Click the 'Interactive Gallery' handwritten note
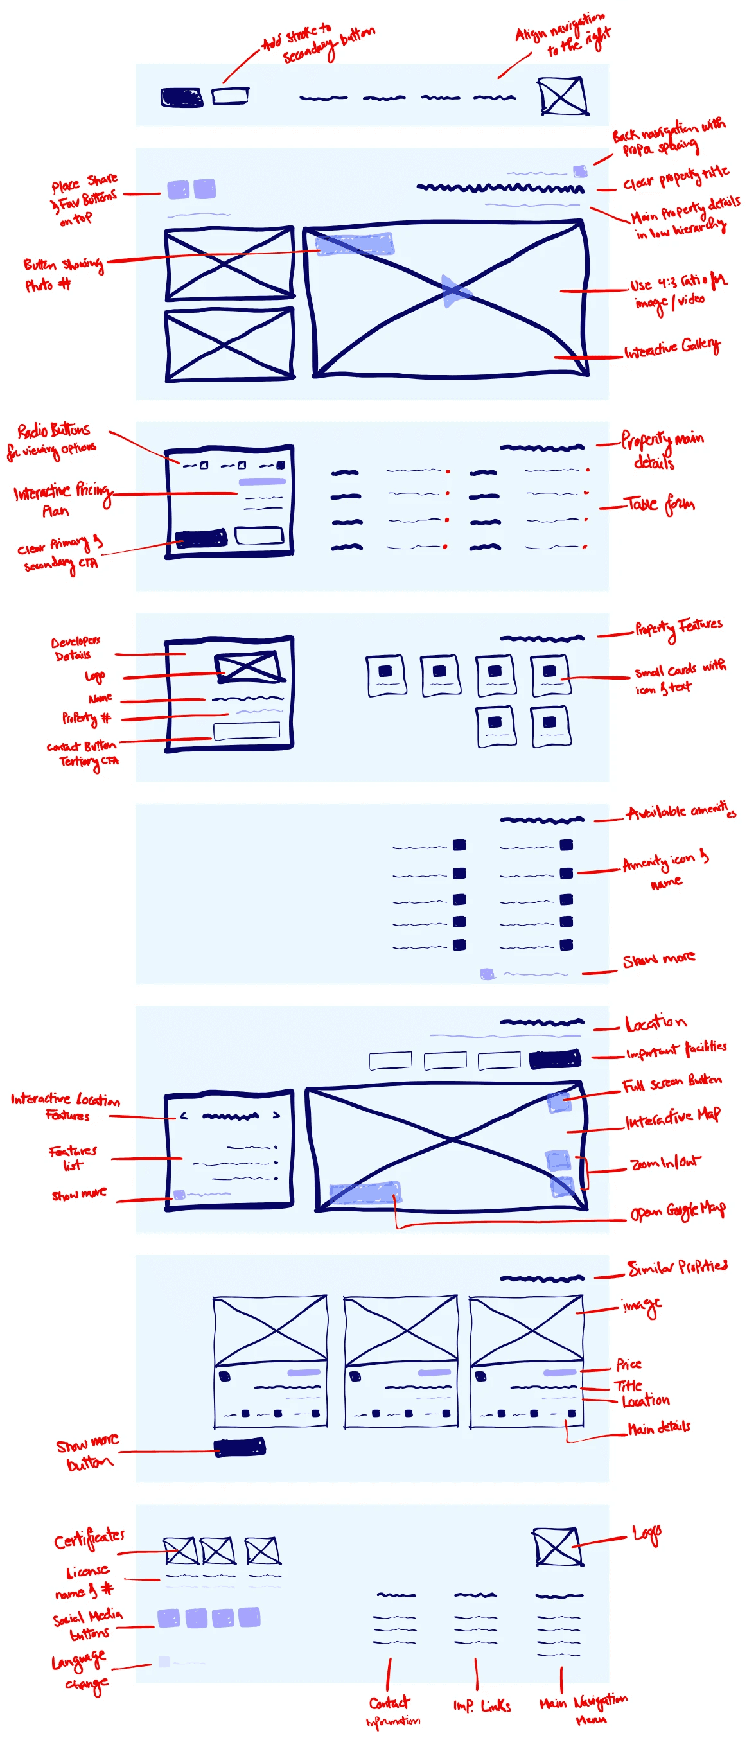tap(671, 347)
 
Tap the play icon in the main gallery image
tap(453, 292)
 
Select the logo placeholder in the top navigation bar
tap(563, 96)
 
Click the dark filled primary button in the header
tap(181, 98)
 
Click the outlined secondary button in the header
tap(230, 96)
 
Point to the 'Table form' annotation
tap(659, 504)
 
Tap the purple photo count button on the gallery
tap(355, 244)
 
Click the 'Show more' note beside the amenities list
tap(658, 960)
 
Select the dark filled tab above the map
tap(555, 1058)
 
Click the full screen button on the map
tap(559, 1102)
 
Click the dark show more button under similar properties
tap(240, 1447)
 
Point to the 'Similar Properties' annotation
tap(677, 1267)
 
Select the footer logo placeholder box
tap(558, 1545)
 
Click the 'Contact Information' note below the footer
tap(392, 1711)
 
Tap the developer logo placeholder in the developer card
tap(247, 667)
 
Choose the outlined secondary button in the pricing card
tap(258, 536)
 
